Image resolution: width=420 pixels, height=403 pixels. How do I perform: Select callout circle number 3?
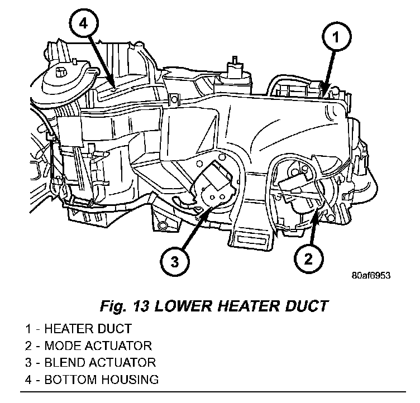pyautogui.click(x=175, y=261)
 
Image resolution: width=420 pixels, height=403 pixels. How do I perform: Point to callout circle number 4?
pyautogui.click(x=83, y=25)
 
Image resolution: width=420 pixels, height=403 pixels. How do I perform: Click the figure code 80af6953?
pyautogui.click(x=370, y=276)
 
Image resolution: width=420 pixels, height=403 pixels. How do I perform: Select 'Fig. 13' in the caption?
pyautogui.click(x=117, y=306)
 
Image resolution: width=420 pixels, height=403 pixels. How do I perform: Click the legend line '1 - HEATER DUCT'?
pyautogui.click(x=78, y=329)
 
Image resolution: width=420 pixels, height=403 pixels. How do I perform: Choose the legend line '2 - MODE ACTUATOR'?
pyautogui.click(x=88, y=346)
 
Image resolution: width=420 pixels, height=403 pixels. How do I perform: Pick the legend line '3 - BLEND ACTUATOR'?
pyautogui.click(x=90, y=362)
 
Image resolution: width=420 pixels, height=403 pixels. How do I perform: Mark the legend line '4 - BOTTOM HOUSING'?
pyautogui.click(x=92, y=380)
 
